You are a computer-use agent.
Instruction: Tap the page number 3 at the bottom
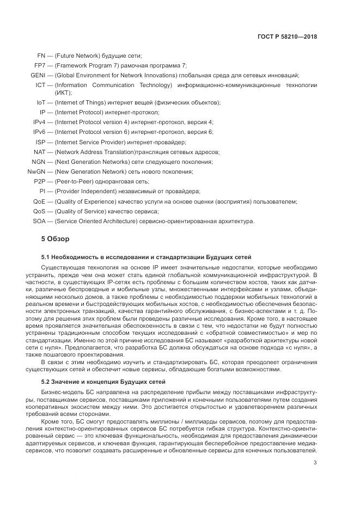pyautogui.click(x=315, y=463)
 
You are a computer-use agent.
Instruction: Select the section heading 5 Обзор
pyautogui.click(x=56, y=239)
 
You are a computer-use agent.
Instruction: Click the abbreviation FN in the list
pyautogui.click(x=41, y=56)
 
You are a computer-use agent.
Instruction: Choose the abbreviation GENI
pyautogui.click(x=38, y=75)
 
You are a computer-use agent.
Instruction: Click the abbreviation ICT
pyautogui.click(x=40, y=85)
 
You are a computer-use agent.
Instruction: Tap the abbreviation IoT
pyautogui.click(x=40, y=102)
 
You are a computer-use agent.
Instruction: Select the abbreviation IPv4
pyautogui.click(x=39, y=122)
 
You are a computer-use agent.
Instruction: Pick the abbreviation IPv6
pyautogui.click(x=39, y=132)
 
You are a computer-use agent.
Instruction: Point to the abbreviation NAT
pyautogui.click(x=39, y=152)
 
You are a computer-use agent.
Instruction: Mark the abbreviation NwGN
pyautogui.click(x=36, y=171)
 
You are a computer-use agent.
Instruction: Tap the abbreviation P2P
pyautogui.click(x=39, y=181)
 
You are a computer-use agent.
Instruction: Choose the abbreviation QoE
pyautogui.click(x=39, y=201)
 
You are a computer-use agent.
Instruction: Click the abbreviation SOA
pyautogui.click(x=39, y=221)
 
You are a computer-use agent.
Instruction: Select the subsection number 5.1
pyautogui.click(x=46, y=256)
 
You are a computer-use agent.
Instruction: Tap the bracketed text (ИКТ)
pyautogui.click(x=63, y=93)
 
